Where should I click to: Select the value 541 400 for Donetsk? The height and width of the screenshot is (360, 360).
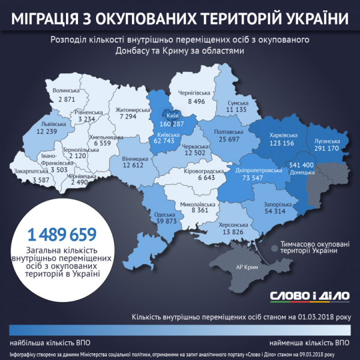pyautogui.click(x=301, y=164)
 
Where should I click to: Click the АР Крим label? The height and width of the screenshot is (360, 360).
pyautogui.click(x=247, y=268)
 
